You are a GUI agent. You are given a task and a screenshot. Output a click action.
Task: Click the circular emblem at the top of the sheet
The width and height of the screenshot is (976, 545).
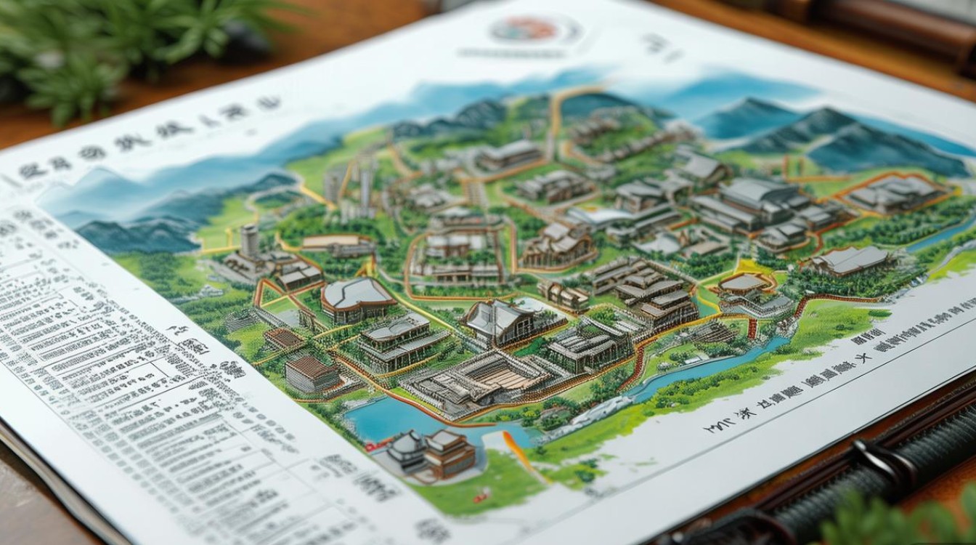pyautogui.click(x=534, y=30)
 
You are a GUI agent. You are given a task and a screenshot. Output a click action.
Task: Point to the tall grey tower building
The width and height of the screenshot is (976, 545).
pyautogui.click(x=249, y=241)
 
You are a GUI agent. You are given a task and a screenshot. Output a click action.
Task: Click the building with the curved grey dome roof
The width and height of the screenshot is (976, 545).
pyautogui.click(x=357, y=298)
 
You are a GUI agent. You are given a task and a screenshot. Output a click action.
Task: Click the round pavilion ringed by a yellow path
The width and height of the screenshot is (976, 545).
pyautogui.click(x=744, y=283)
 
